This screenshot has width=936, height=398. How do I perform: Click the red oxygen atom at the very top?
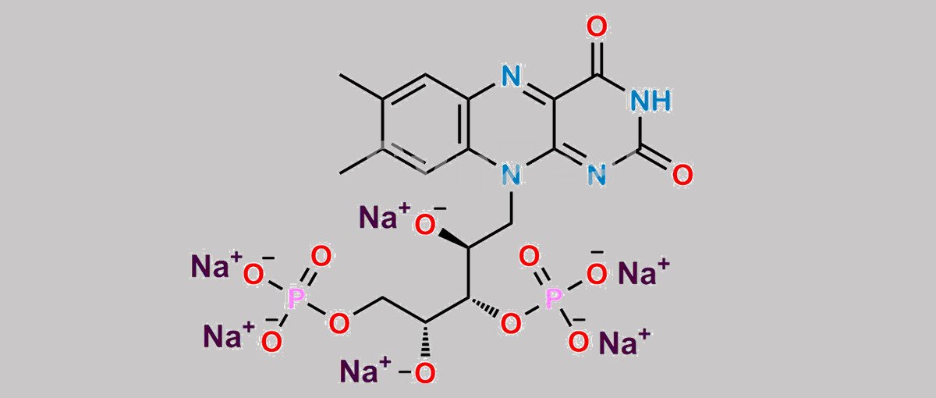click(x=597, y=27)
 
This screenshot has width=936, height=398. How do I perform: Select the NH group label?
click(x=651, y=101)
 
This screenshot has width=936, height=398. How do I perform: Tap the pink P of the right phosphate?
click(x=554, y=298)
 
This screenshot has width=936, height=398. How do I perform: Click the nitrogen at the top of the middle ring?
click(x=512, y=76)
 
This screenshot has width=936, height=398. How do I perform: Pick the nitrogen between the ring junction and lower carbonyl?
click(x=597, y=175)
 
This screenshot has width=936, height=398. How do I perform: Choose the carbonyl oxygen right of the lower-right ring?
click(x=682, y=175)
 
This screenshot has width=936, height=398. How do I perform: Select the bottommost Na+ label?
click(x=366, y=370)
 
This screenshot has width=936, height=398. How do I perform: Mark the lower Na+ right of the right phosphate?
click(x=625, y=342)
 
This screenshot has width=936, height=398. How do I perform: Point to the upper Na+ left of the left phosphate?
click(x=217, y=265)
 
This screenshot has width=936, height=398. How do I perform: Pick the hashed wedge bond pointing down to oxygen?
click(x=426, y=342)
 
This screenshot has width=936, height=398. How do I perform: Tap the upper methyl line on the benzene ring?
click(x=362, y=87)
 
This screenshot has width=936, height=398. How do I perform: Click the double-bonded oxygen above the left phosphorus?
click(x=321, y=256)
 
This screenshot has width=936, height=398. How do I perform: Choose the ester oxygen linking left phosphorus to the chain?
click(x=339, y=323)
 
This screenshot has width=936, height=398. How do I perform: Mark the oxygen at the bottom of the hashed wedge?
click(x=425, y=373)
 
